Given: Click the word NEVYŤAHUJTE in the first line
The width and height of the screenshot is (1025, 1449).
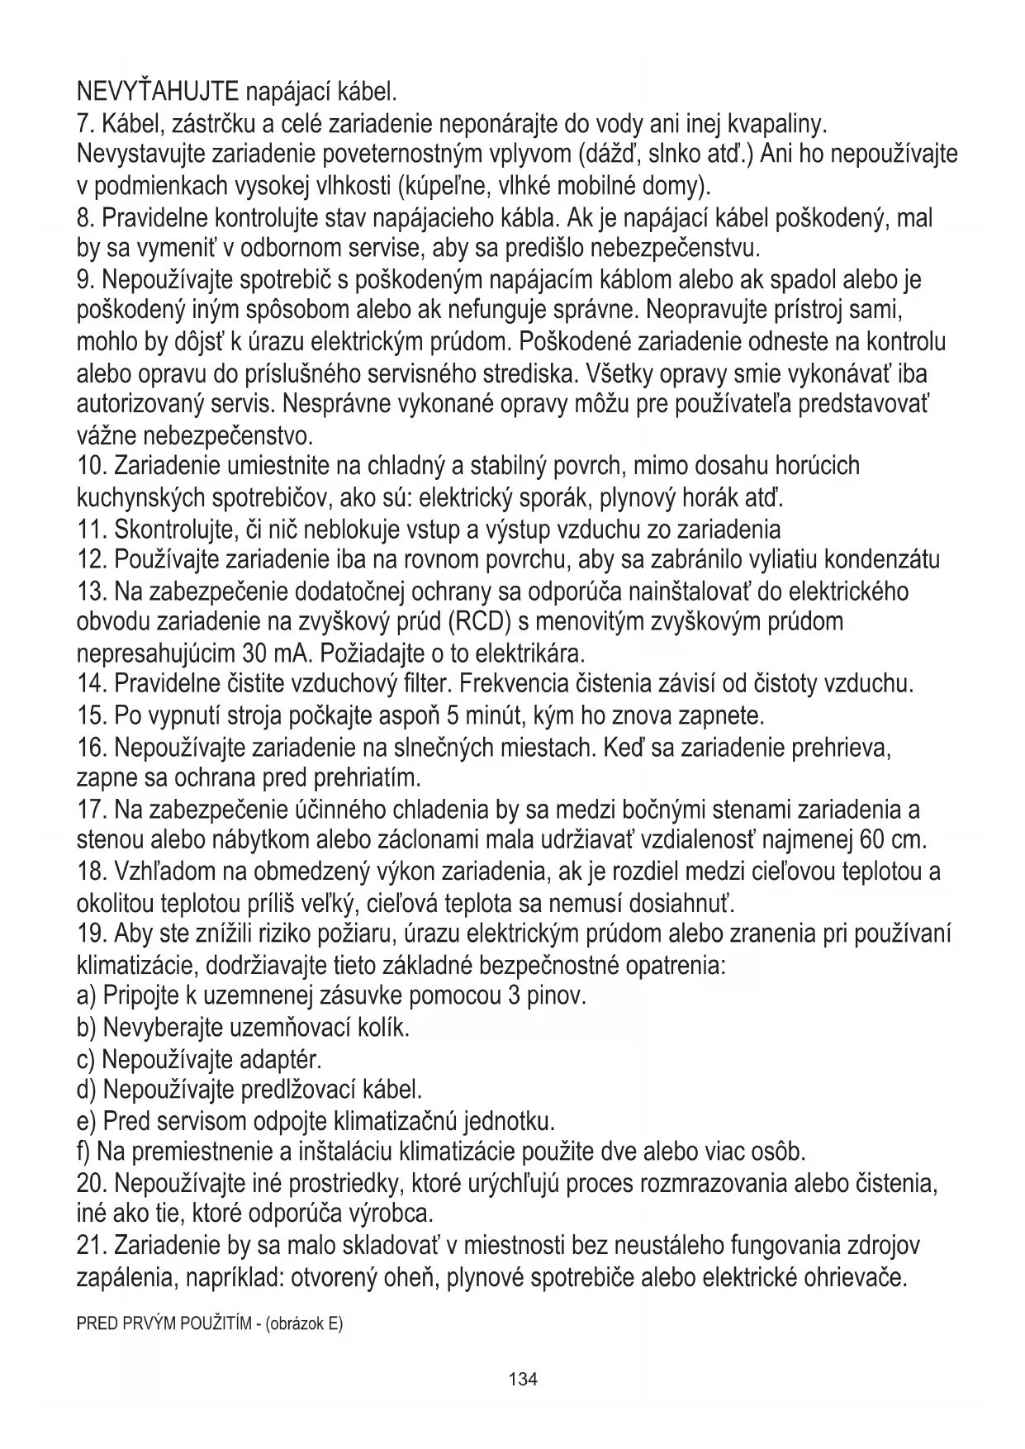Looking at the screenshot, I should tap(158, 88).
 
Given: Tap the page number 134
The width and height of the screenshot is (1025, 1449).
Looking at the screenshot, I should tap(523, 1379).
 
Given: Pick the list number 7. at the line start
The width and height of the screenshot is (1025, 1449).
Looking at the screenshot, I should tap(86, 124).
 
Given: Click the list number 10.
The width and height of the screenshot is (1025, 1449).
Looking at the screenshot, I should tap(92, 467).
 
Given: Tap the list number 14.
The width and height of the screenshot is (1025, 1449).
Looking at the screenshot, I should tap(92, 684).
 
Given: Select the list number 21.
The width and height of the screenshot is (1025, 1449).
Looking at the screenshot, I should tap(92, 1245).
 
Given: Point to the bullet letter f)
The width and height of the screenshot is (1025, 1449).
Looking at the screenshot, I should tap(84, 1151).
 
